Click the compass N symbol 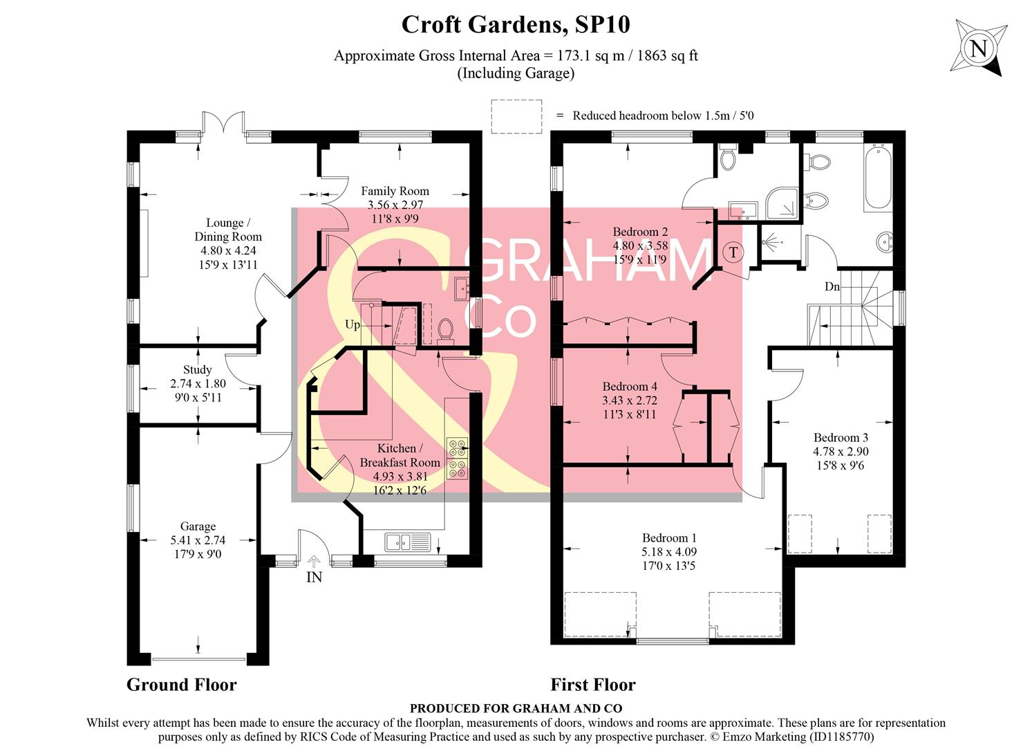978,48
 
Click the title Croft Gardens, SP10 516,25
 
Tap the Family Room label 395,191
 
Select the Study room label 198,370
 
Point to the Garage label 198,526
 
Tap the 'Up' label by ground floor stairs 353,324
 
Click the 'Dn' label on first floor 832,286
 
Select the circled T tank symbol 733,252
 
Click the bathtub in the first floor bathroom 877,178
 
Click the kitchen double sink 408,542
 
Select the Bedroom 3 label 841,437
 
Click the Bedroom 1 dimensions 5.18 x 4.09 669,552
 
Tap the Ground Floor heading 181,685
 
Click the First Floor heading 592,685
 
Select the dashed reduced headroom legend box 516,116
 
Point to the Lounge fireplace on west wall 144,243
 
